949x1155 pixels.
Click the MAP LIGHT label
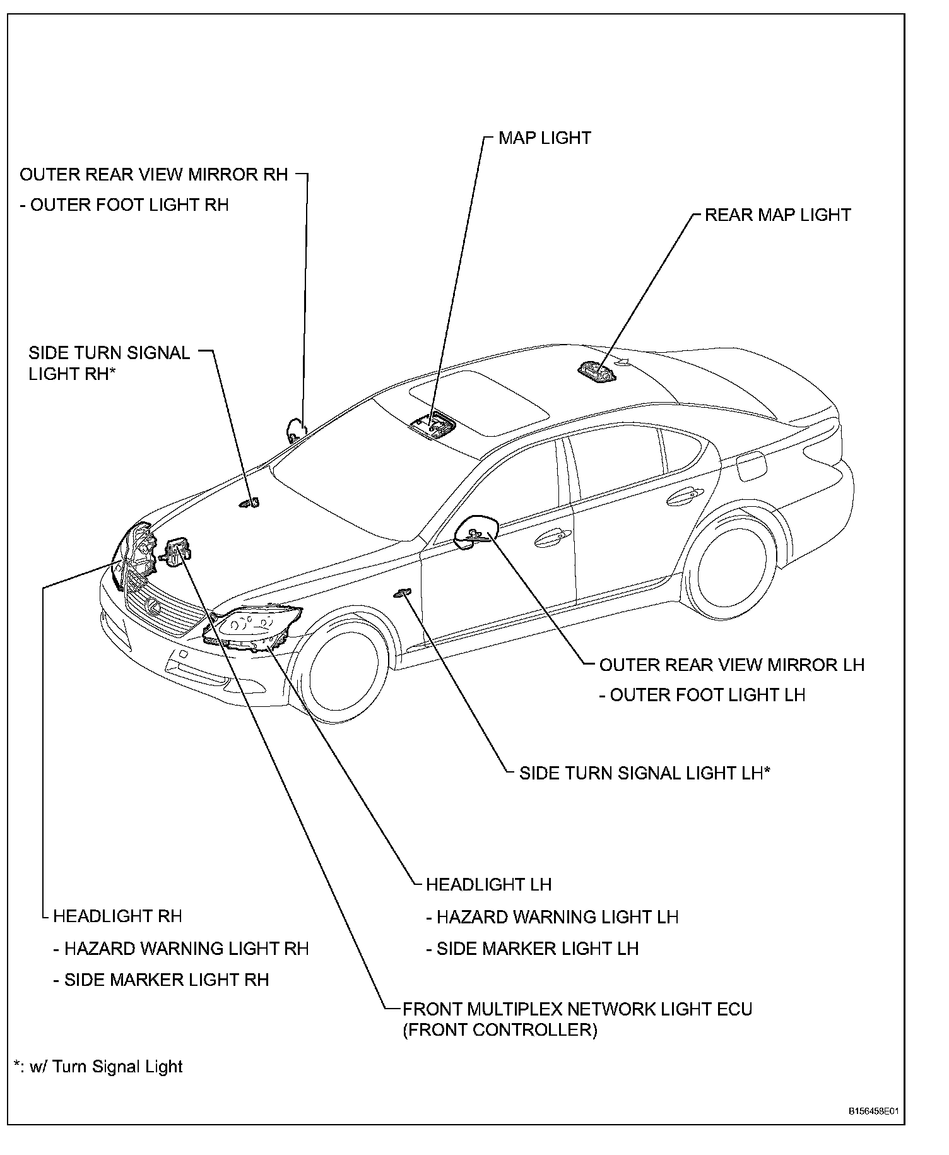click(545, 138)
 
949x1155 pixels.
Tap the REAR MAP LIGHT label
click(777, 215)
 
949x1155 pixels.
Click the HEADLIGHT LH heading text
click(488, 884)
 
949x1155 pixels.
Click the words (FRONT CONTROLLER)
click(500, 1030)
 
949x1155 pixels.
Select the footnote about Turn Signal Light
click(98, 1067)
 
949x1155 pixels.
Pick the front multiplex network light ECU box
click(177, 551)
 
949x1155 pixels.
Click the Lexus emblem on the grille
click(151, 606)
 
